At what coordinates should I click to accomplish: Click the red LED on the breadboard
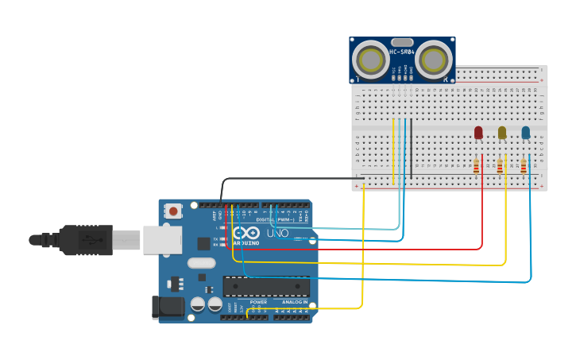[x=478, y=132]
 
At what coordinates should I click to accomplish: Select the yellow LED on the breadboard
[x=502, y=132]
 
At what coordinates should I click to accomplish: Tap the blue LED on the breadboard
[x=526, y=132]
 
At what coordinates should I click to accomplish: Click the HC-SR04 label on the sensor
[x=401, y=52]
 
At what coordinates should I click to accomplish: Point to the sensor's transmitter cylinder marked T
[x=370, y=60]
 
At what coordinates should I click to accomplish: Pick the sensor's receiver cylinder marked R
[x=434, y=59]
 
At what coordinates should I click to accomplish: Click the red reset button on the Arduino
[x=173, y=211]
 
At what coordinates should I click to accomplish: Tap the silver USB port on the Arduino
[x=163, y=239]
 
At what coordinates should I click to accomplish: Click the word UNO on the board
[x=277, y=234]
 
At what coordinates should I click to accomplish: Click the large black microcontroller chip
[x=266, y=286]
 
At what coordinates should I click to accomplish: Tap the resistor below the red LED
[x=476, y=166]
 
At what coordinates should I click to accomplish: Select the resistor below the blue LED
[x=524, y=166]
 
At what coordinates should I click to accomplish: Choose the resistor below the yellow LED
[x=500, y=166]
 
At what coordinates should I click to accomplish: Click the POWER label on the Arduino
[x=258, y=302]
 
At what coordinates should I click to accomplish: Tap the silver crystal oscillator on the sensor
[x=402, y=42]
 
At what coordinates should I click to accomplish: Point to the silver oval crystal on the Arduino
[x=202, y=263]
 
